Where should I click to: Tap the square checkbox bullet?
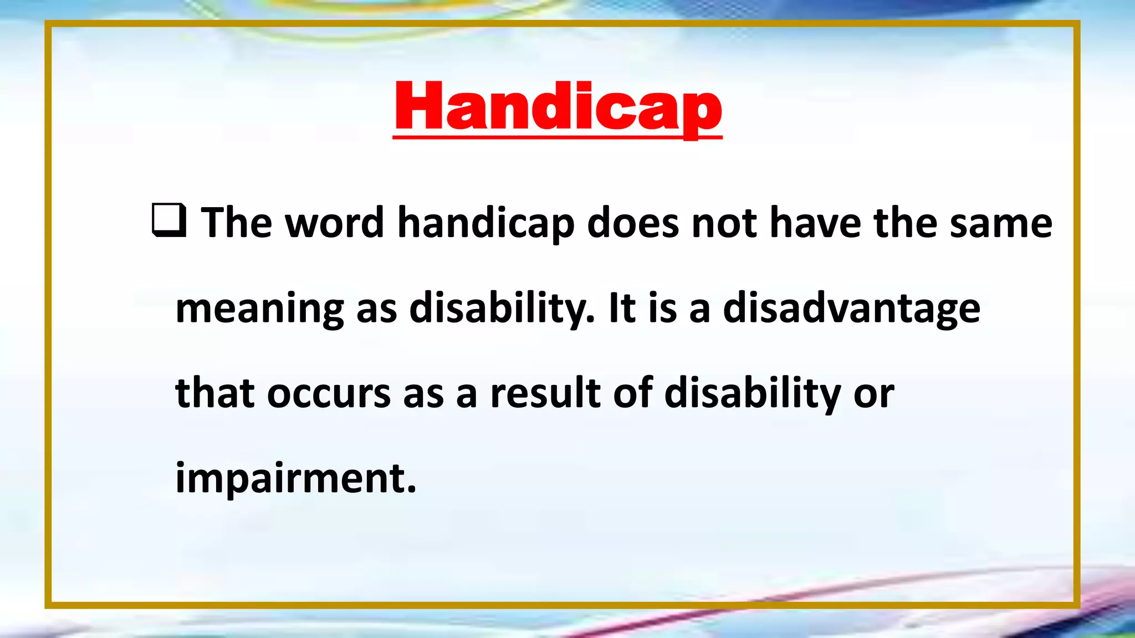tap(169, 220)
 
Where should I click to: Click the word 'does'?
tap(633, 223)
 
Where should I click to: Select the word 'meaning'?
tap(259, 309)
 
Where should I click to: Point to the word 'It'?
tap(622, 308)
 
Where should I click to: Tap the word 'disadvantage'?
tap(852, 309)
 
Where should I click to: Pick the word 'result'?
tap(545, 393)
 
